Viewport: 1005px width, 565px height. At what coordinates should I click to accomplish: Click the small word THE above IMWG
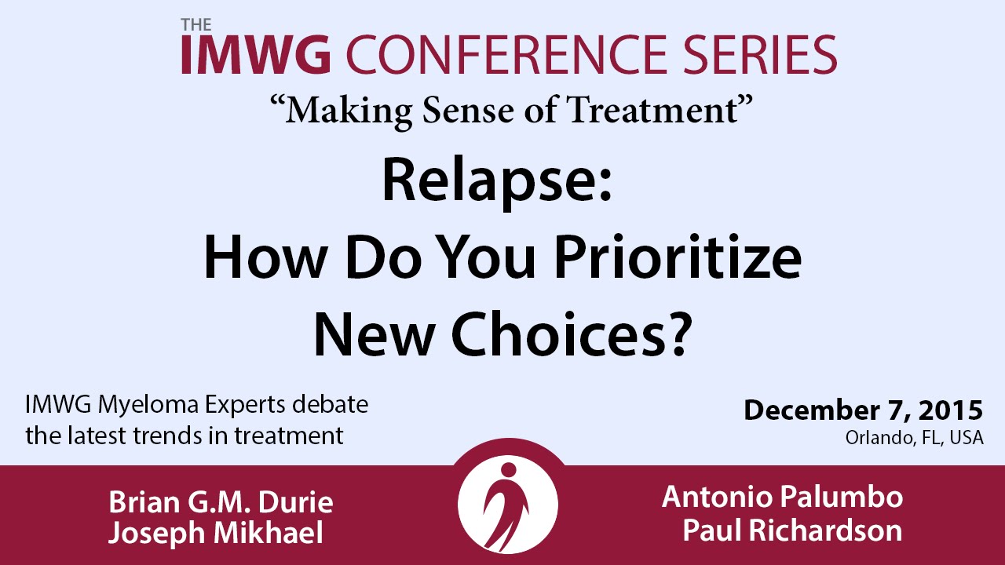coord(196,24)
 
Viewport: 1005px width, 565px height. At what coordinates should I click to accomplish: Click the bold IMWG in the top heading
coord(256,54)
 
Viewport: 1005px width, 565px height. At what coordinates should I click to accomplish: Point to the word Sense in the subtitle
coord(468,110)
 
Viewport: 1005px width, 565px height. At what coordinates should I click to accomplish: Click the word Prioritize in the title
coord(678,257)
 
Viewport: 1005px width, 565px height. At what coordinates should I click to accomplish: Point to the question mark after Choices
coord(678,334)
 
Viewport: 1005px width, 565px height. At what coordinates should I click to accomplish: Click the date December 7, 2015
coord(864,410)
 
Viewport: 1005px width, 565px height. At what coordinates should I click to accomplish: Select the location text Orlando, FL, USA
coord(915,437)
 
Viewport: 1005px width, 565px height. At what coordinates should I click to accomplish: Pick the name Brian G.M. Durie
coord(221,501)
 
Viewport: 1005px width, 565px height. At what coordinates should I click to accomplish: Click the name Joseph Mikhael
coord(216,533)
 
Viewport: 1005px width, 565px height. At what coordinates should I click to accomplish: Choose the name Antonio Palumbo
coord(782,497)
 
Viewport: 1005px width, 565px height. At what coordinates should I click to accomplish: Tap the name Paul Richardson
coord(792,530)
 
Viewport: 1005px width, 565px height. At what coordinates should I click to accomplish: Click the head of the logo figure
coord(508,470)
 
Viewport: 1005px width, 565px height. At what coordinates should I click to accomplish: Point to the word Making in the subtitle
coord(348,111)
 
